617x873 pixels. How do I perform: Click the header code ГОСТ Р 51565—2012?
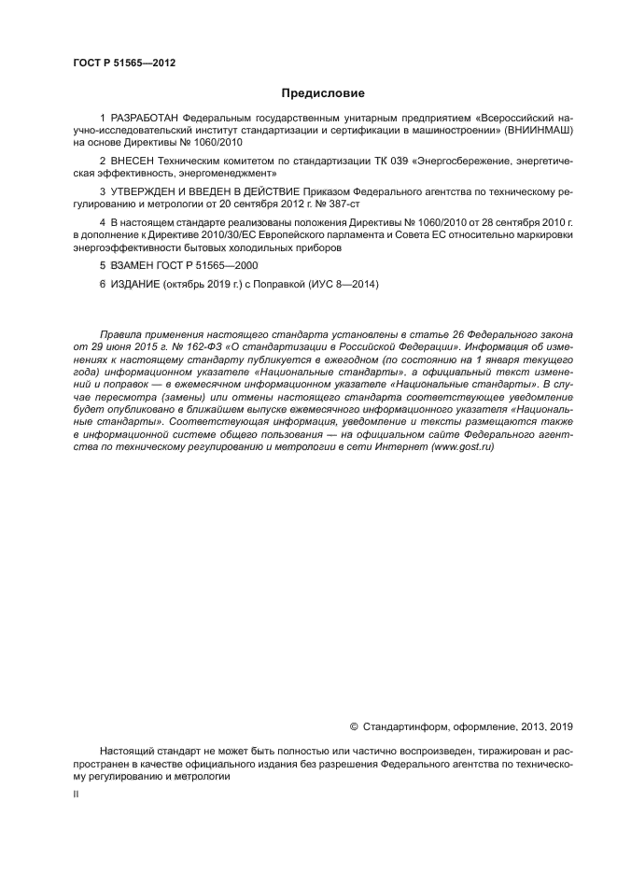pos(124,63)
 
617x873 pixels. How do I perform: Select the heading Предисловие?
pos(323,93)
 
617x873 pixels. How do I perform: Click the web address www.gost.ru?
pos(460,446)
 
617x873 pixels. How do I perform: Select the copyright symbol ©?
pos(354,725)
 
